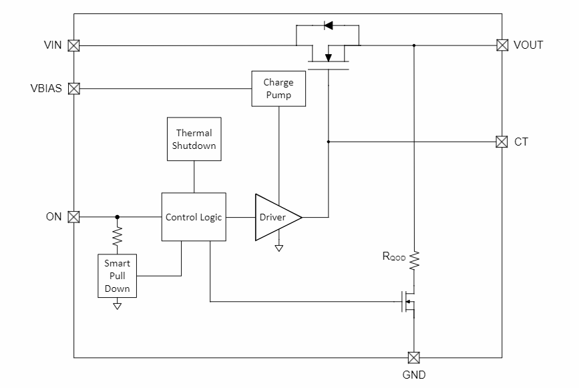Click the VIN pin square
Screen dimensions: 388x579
(74, 45)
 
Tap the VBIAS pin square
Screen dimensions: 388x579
(74, 88)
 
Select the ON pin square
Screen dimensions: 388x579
(74, 216)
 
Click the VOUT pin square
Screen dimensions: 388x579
(502, 45)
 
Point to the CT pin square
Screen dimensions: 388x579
(502, 142)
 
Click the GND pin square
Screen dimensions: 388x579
(413, 357)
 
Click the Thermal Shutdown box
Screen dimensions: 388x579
(194, 139)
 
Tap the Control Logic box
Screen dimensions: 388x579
(194, 217)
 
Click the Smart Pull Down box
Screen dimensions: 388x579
(117, 276)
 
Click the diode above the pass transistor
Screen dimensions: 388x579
(328, 25)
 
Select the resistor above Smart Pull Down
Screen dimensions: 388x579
(118, 236)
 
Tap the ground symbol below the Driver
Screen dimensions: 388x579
(278, 248)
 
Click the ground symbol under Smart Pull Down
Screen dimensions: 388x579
(118, 306)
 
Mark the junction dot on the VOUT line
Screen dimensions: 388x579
(413, 45)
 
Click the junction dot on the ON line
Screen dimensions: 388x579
(118, 216)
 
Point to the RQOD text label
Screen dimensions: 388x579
(393, 256)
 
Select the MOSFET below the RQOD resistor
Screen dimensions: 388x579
(409, 302)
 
